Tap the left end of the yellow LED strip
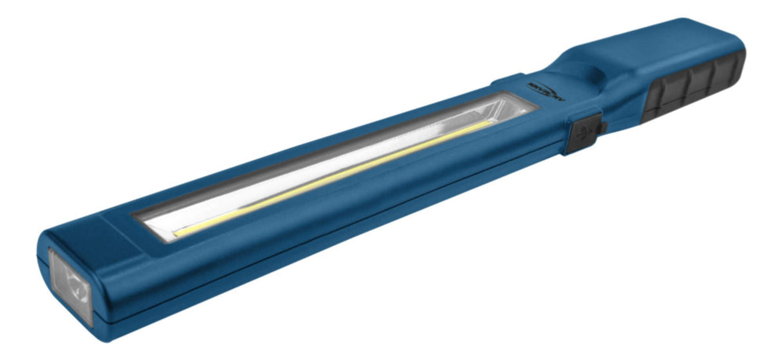(178, 230)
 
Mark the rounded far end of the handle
(740, 48)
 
